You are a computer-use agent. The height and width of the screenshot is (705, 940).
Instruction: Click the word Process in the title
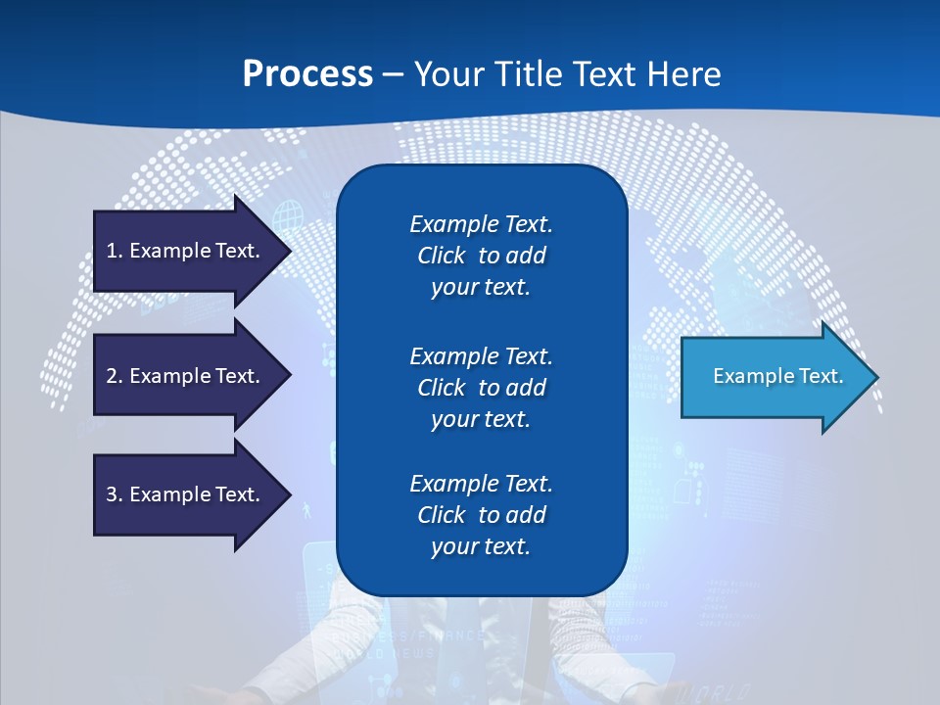pos(307,74)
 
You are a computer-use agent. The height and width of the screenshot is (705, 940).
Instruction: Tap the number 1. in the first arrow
pos(115,251)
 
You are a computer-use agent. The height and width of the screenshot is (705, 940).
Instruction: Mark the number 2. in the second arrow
pos(115,376)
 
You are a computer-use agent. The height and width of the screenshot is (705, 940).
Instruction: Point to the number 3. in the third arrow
pos(115,494)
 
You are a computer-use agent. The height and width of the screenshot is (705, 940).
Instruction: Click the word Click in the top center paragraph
pos(442,256)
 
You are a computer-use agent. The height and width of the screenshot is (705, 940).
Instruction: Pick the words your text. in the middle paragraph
pos(481,419)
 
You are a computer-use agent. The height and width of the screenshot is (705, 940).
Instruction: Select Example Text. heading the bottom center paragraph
pos(481,484)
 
